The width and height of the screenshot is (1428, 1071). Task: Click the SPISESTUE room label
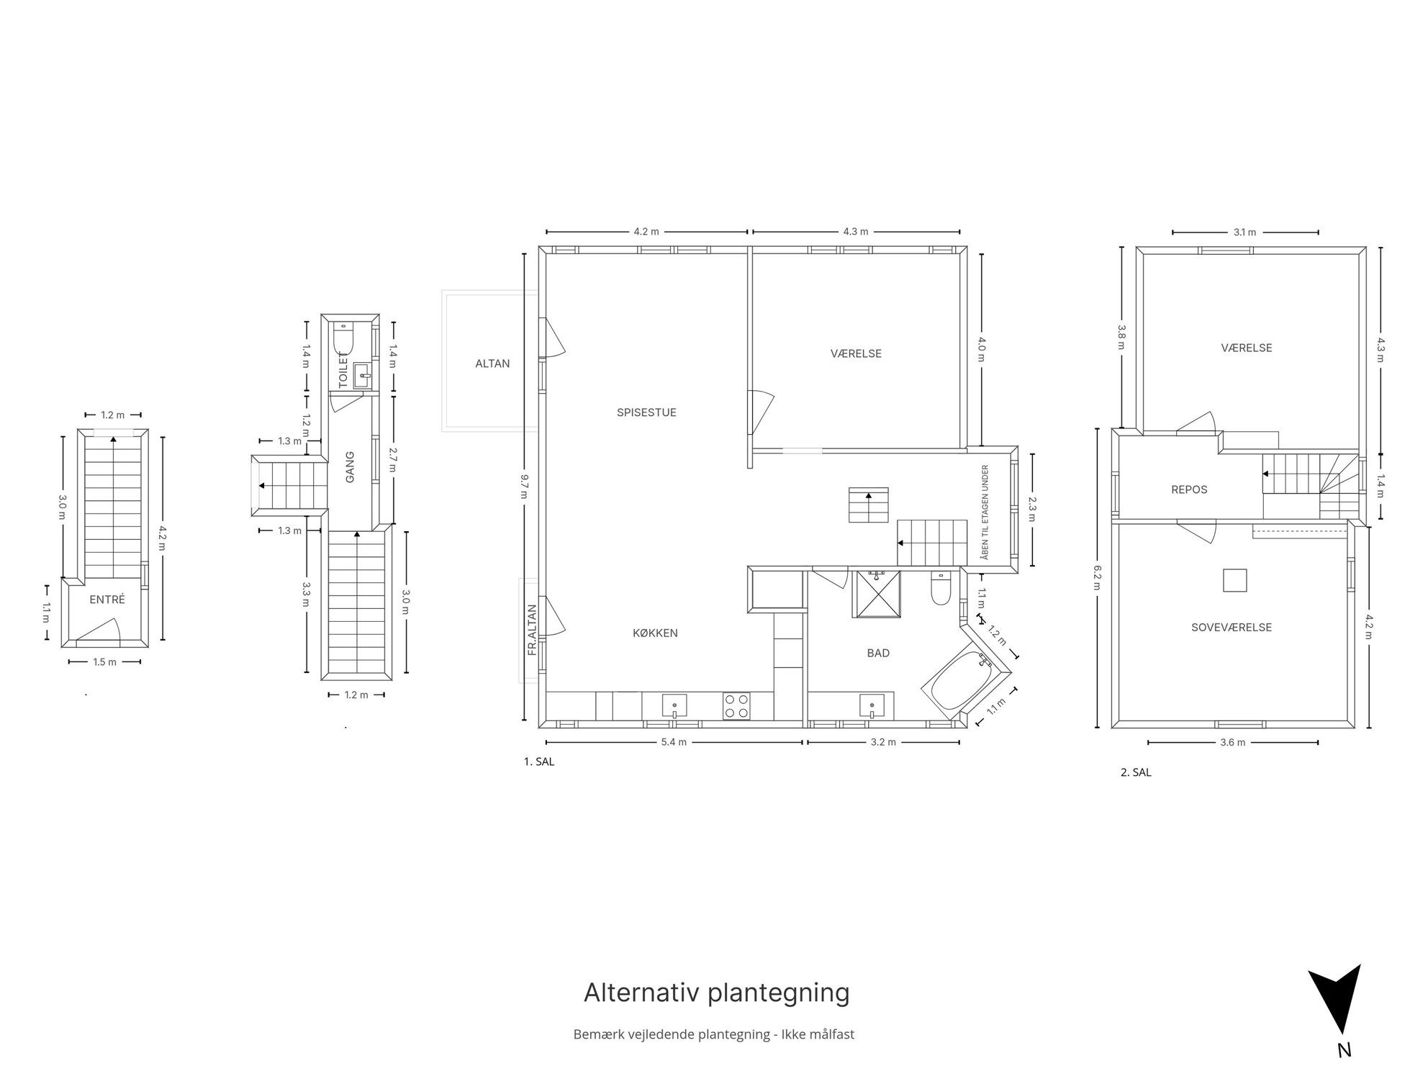(x=646, y=412)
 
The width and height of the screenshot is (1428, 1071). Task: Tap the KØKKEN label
(x=655, y=633)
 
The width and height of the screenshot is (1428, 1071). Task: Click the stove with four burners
(x=736, y=705)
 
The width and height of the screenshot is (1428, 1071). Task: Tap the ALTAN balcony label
(x=492, y=363)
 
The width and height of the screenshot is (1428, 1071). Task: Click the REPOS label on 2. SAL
(x=1189, y=489)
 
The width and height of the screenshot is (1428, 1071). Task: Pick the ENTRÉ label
(x=107, y=600)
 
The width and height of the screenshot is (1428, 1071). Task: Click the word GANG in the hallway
(x=350, y=467)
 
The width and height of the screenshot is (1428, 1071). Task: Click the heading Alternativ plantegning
(x=716, y=993)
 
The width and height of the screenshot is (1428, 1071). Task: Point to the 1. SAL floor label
(x=539, y=762)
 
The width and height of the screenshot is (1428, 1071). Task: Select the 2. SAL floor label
(x=1136, y=773)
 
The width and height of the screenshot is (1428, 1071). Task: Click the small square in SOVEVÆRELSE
(x=1235, y=580)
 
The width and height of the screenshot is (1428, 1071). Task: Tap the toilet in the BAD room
(x=941, y=588)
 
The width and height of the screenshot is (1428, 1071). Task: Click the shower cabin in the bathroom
(x=876, y=594)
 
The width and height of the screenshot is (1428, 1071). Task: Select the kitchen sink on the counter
(x=674, y=706)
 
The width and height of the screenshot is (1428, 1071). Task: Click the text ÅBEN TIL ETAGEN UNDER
(x=985, y=512)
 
